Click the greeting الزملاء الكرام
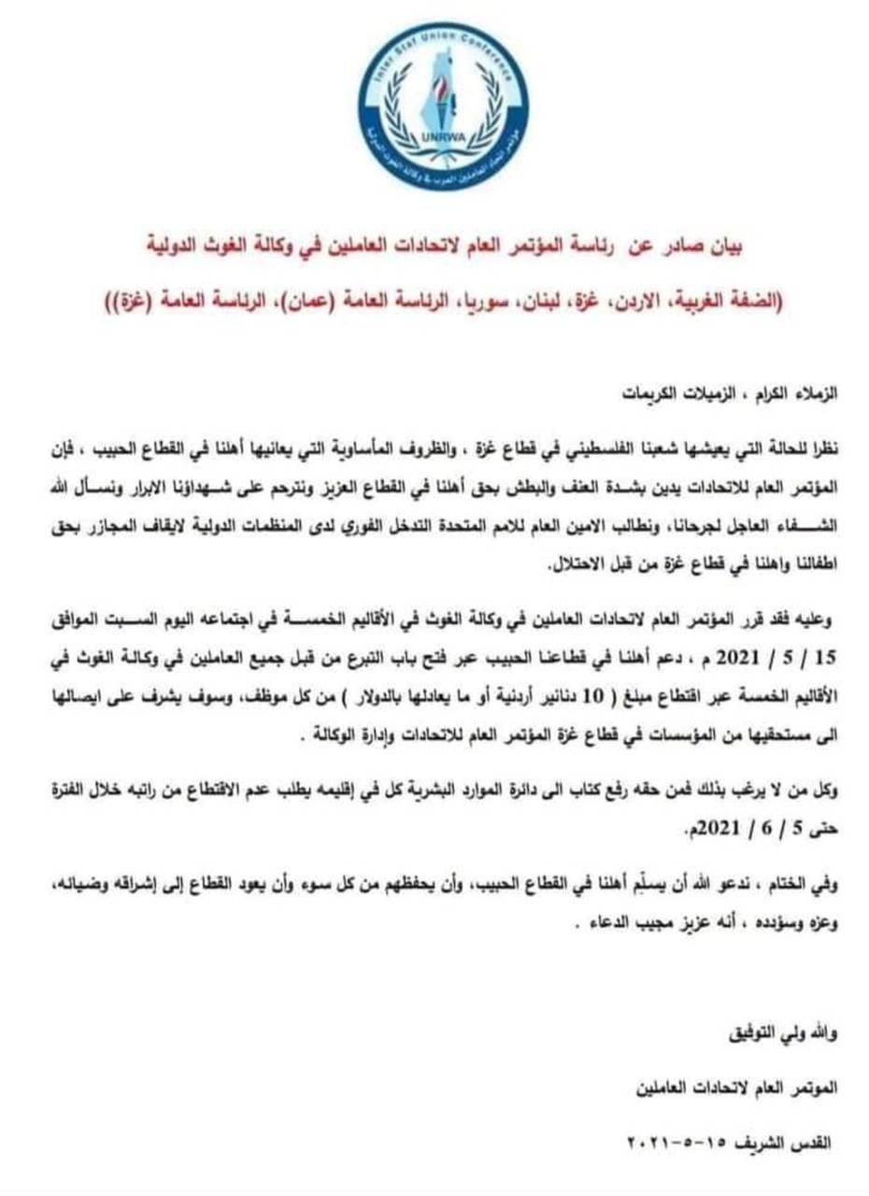(x=794, y=393)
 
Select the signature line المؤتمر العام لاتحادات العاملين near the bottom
(x=739, y=1089)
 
